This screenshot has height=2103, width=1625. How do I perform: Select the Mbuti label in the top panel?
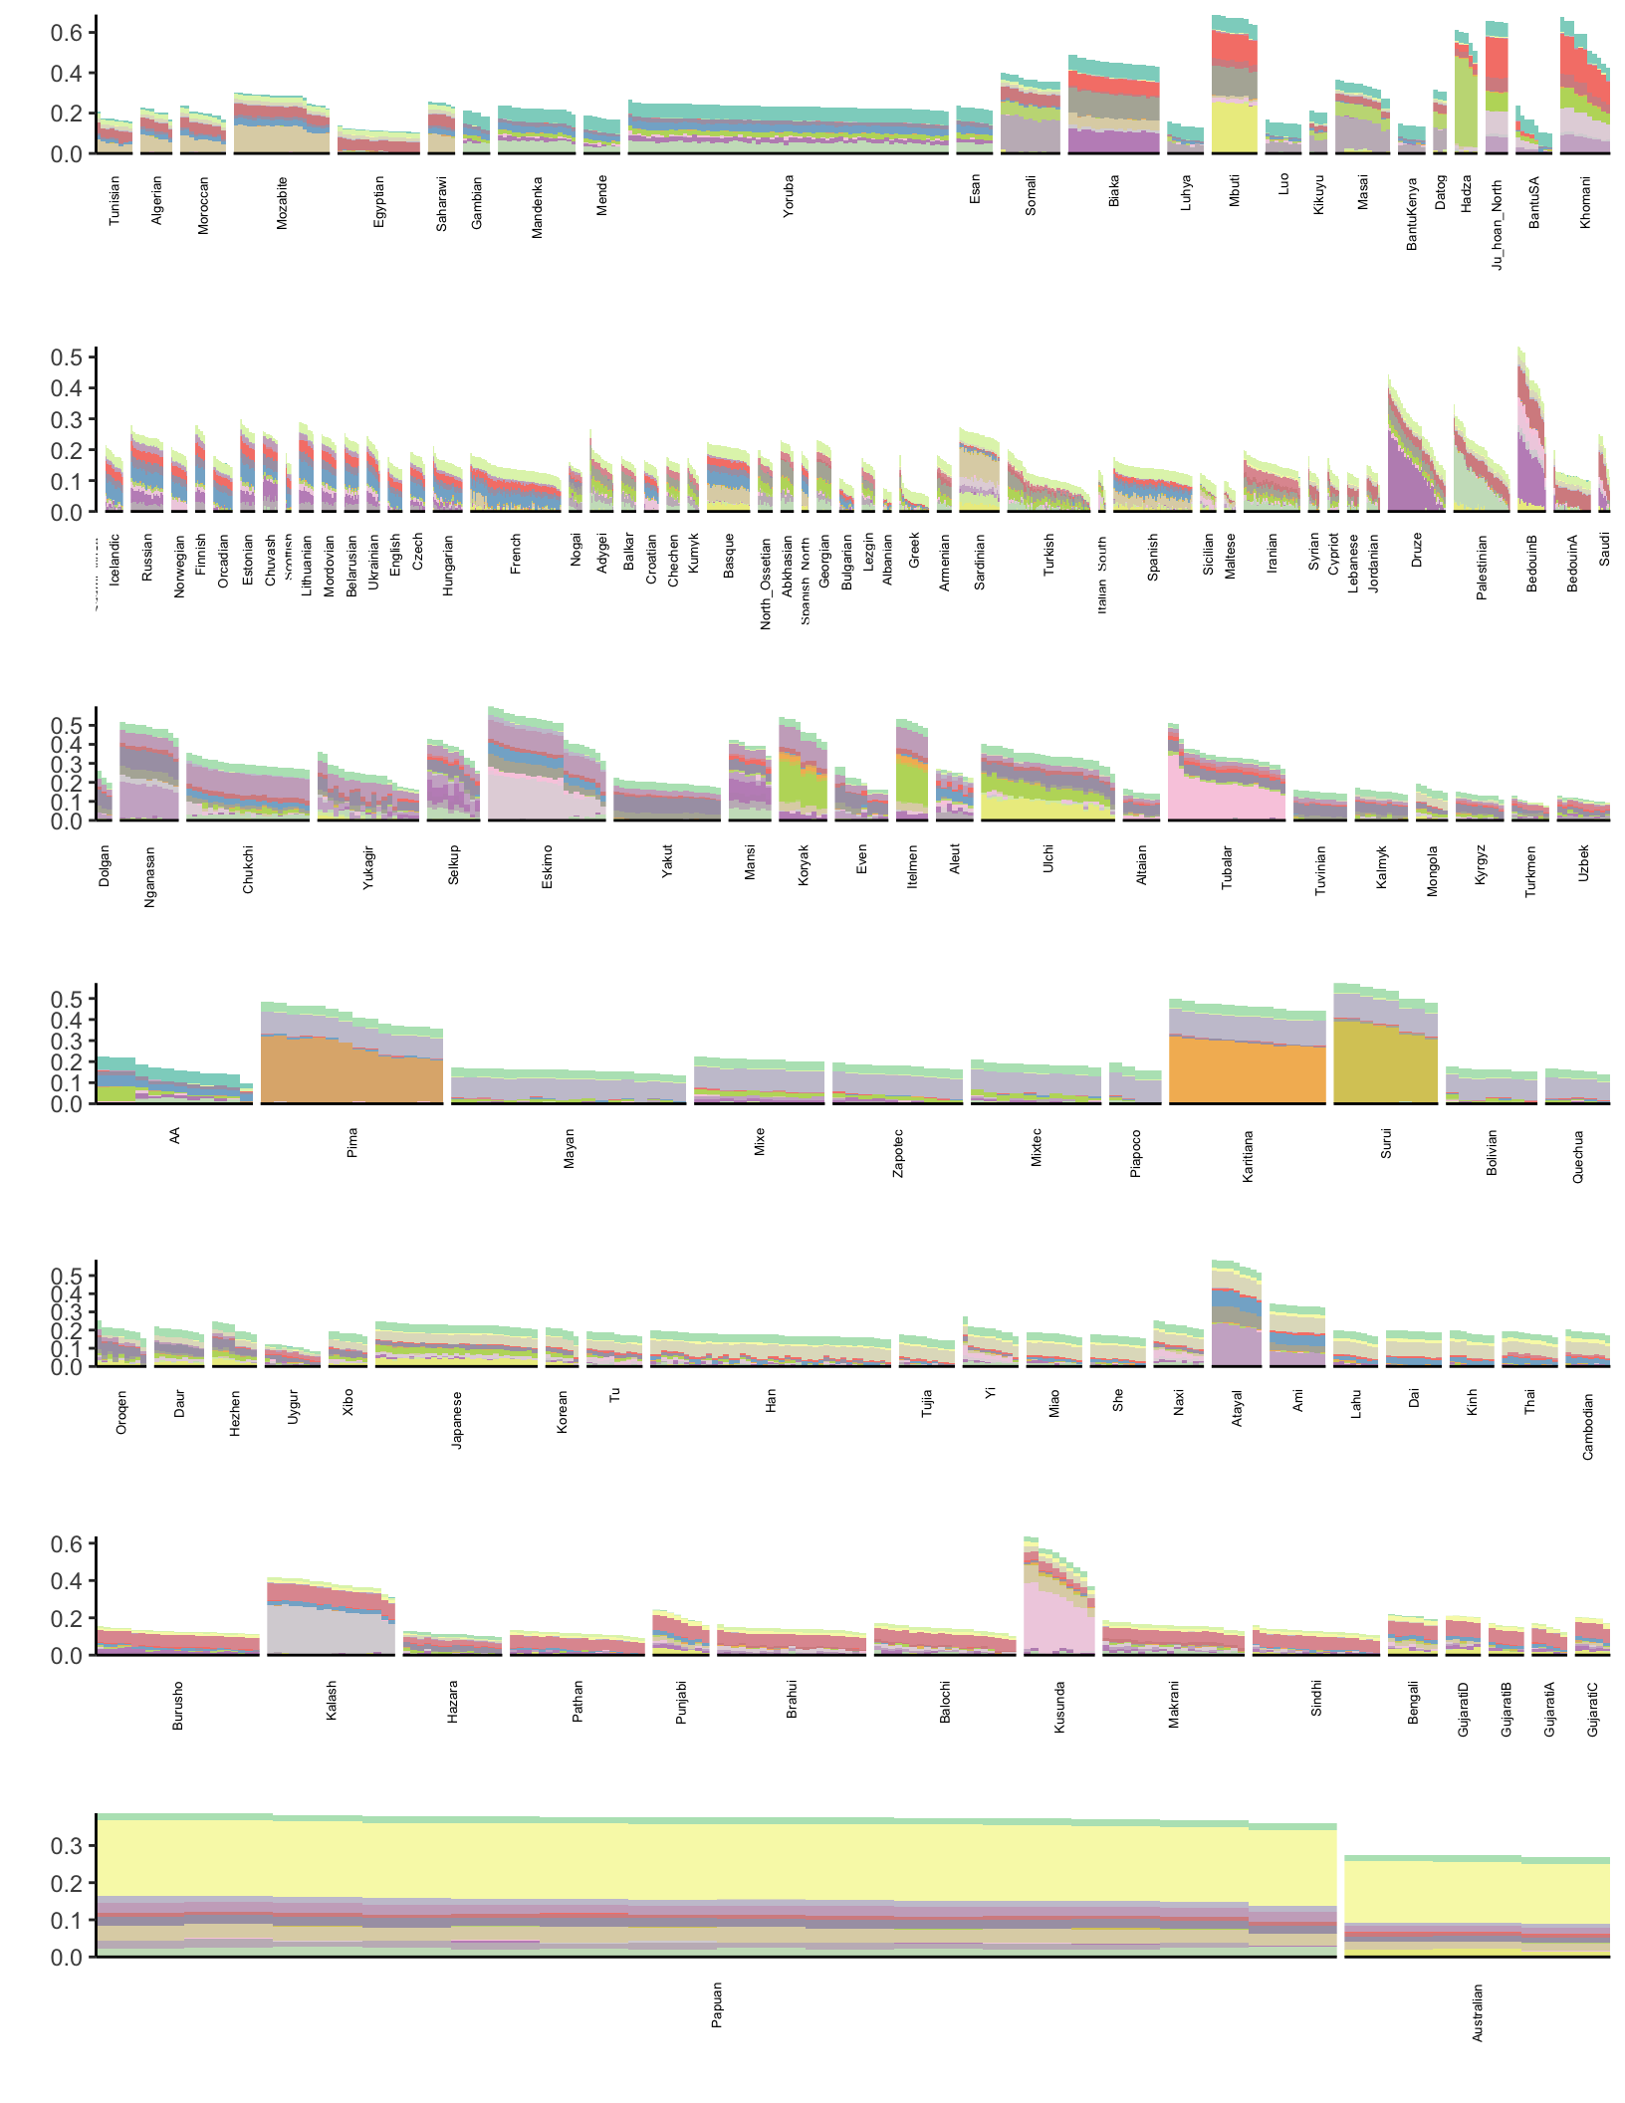pos(1235,191)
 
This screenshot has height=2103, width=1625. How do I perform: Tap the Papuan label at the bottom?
pos(717,2004)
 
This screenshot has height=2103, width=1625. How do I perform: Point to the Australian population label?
pos(1478,2012)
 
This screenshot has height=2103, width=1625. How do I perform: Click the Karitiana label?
pos(1248,1156)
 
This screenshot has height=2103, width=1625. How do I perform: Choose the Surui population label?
pos(1386,1143)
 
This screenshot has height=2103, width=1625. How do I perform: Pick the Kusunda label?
pos(1059,1707)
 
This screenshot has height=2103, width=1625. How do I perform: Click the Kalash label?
pos(332,1700)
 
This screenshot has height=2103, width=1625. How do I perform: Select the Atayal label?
pos(1238,1409)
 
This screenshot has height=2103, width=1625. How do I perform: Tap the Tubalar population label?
pos(1227,867)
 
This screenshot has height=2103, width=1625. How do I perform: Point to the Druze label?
pos(1417,550)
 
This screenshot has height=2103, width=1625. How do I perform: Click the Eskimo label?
pos(547,867)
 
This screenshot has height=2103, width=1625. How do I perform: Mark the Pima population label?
pos(351,1142)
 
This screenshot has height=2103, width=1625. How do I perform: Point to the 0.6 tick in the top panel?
pos(67,33)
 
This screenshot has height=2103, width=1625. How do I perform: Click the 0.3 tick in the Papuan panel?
pos(67,1845)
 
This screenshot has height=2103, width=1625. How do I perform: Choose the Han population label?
pos(771,1402)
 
